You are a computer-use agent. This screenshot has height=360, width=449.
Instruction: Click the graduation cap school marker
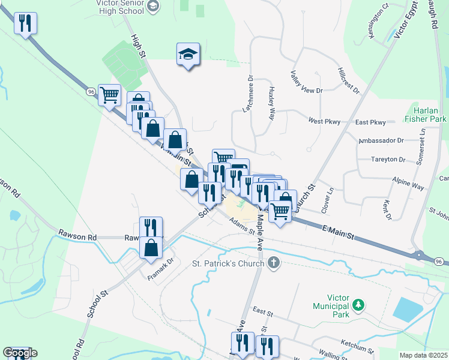[188, 55]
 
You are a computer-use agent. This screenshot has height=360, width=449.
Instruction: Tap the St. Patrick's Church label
[228, 263]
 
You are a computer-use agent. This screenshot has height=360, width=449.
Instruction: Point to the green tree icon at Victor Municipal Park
[358, 305]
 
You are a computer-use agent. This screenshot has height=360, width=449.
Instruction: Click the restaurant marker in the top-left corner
[25, 24]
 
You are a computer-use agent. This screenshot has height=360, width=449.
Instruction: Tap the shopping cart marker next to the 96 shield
[109, 95]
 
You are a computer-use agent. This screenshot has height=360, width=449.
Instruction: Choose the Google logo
[20, 353]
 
